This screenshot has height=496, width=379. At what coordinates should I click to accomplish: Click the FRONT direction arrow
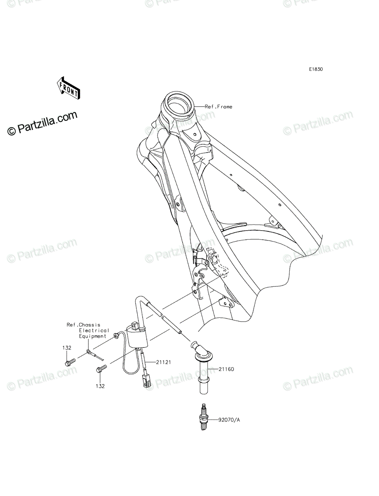pyautogui.click(x=69, y=88)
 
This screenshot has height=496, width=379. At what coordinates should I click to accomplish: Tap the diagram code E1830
pyautogui.click(x=316, y=69)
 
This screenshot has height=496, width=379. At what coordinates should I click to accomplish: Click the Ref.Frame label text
pyautogui.click(x=218, y=107)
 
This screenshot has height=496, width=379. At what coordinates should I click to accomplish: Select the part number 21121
pyautogui.click(x=164, y=362)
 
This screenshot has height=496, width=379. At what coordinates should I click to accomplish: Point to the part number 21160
pyautogui.click(x=226, y=369)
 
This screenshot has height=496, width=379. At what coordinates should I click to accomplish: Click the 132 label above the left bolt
pyautogui.click(x=67, y=348)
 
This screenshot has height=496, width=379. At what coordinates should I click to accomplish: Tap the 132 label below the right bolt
pyautogui.click(x=100, y=386)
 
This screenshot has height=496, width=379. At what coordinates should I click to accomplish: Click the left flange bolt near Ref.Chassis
pyautogui.click(x=69, y=362)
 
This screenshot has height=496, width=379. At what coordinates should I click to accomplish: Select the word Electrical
pyautogui.click(x=94, y=330)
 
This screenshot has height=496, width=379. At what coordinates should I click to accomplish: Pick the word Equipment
pyautogui.click(x=93, y=336)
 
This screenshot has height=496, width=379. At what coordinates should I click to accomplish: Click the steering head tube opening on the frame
pyautogui.click(x=179, y=103)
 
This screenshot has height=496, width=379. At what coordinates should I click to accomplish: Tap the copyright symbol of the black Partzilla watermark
pyautogui.click(x=12, y=131)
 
